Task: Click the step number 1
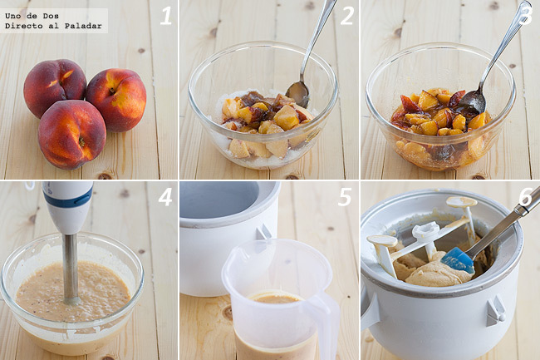(165, 16)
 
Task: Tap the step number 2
(346, 16)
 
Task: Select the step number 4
(165, 197)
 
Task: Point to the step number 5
(345, 197)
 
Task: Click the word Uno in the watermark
(12, 16)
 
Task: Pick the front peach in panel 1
(72, 135)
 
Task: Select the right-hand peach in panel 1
(116, 100)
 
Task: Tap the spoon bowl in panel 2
(297, 94)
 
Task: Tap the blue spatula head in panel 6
(458, 260)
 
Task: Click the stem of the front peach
(81, 141)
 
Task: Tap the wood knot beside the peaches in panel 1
(141, 51)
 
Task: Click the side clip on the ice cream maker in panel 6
(495, 311)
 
